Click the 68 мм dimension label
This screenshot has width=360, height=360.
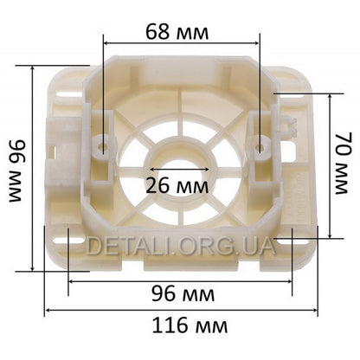click(x=177, y=32)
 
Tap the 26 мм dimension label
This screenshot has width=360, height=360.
click(x=177, y=185)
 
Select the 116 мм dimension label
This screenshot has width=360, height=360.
click(x=190, y=325)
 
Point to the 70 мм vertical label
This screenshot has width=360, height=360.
click(x=344, y=164)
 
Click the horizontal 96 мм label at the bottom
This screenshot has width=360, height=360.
click(x=183, y=293)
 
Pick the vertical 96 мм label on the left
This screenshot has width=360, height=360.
click(x=17, y=170)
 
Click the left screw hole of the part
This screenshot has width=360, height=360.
click(x=103, y=147)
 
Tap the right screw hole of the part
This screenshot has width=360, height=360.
click(x=260, y=147)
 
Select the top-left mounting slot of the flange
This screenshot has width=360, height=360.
click(x=69, y=93)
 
